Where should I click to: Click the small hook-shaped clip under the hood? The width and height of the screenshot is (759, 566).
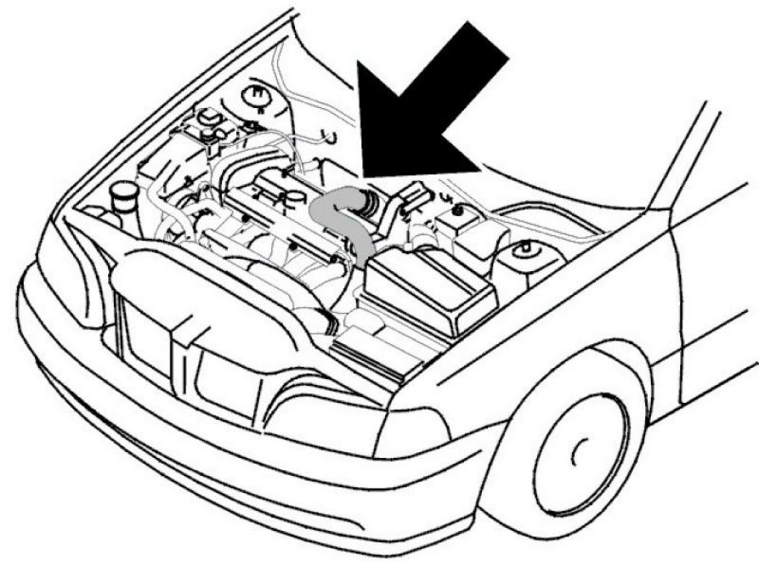point(327,138)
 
